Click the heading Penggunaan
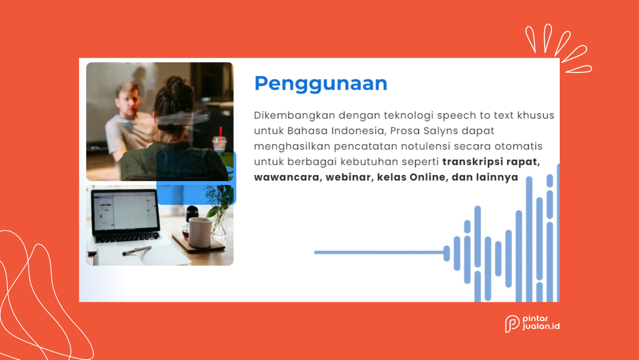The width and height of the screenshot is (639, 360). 320,84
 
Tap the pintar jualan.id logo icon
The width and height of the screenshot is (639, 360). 512,324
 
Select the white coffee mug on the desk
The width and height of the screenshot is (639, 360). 200,232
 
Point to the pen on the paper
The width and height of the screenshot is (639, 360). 137,251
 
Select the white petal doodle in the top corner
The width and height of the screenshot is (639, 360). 558,46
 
